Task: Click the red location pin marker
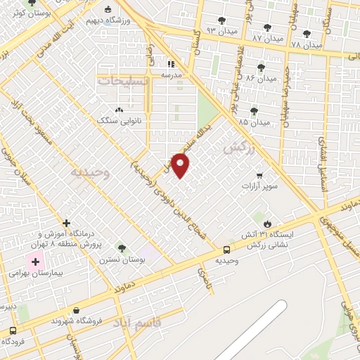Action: tap(181, 165)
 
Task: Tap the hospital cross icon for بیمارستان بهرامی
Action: tap(35, 261)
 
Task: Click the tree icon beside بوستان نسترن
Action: tap(122, 248)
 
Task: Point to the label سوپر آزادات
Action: tap(261, 186)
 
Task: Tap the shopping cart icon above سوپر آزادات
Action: tap(259, 175)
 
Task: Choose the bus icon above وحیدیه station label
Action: tap(226, 250)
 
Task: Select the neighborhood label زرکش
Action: tap(237, 149)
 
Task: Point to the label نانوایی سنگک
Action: tap(120, 121)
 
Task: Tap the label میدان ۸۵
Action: tap(254, 122)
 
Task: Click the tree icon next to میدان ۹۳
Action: tap(222, 20)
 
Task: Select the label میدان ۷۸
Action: tap(306, 44)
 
